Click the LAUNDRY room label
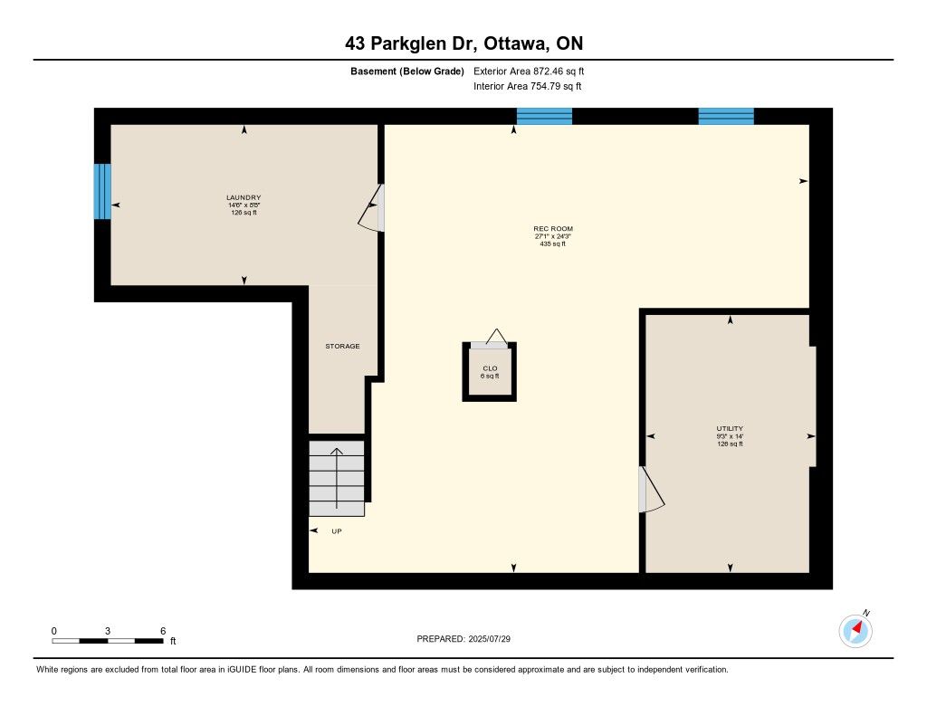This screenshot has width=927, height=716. tap(244, 197)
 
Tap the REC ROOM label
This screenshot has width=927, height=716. tap(553, 229)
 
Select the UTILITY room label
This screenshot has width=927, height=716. tap(730, 429)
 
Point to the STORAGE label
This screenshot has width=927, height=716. tap(342, 346)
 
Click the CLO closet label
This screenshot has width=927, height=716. tap(490, 368)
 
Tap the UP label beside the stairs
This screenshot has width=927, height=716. tap(337, 531)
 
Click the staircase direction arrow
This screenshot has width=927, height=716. tap(337, 478)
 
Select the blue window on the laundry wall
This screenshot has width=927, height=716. tap(102, 192)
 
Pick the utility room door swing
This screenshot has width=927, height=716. tap(652, 490)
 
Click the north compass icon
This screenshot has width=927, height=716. tap(855, 630)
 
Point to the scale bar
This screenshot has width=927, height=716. tap(108, 641)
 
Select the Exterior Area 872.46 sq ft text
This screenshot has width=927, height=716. tap(529, 71)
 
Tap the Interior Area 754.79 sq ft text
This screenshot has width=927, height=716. tap(528, 86)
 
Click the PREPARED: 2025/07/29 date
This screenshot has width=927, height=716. tap(463, 638)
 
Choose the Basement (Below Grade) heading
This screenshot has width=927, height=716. tap(407, 71)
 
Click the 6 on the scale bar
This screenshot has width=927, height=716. tap(163, 631)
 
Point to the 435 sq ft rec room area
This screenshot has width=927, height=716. tap(553, 243)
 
